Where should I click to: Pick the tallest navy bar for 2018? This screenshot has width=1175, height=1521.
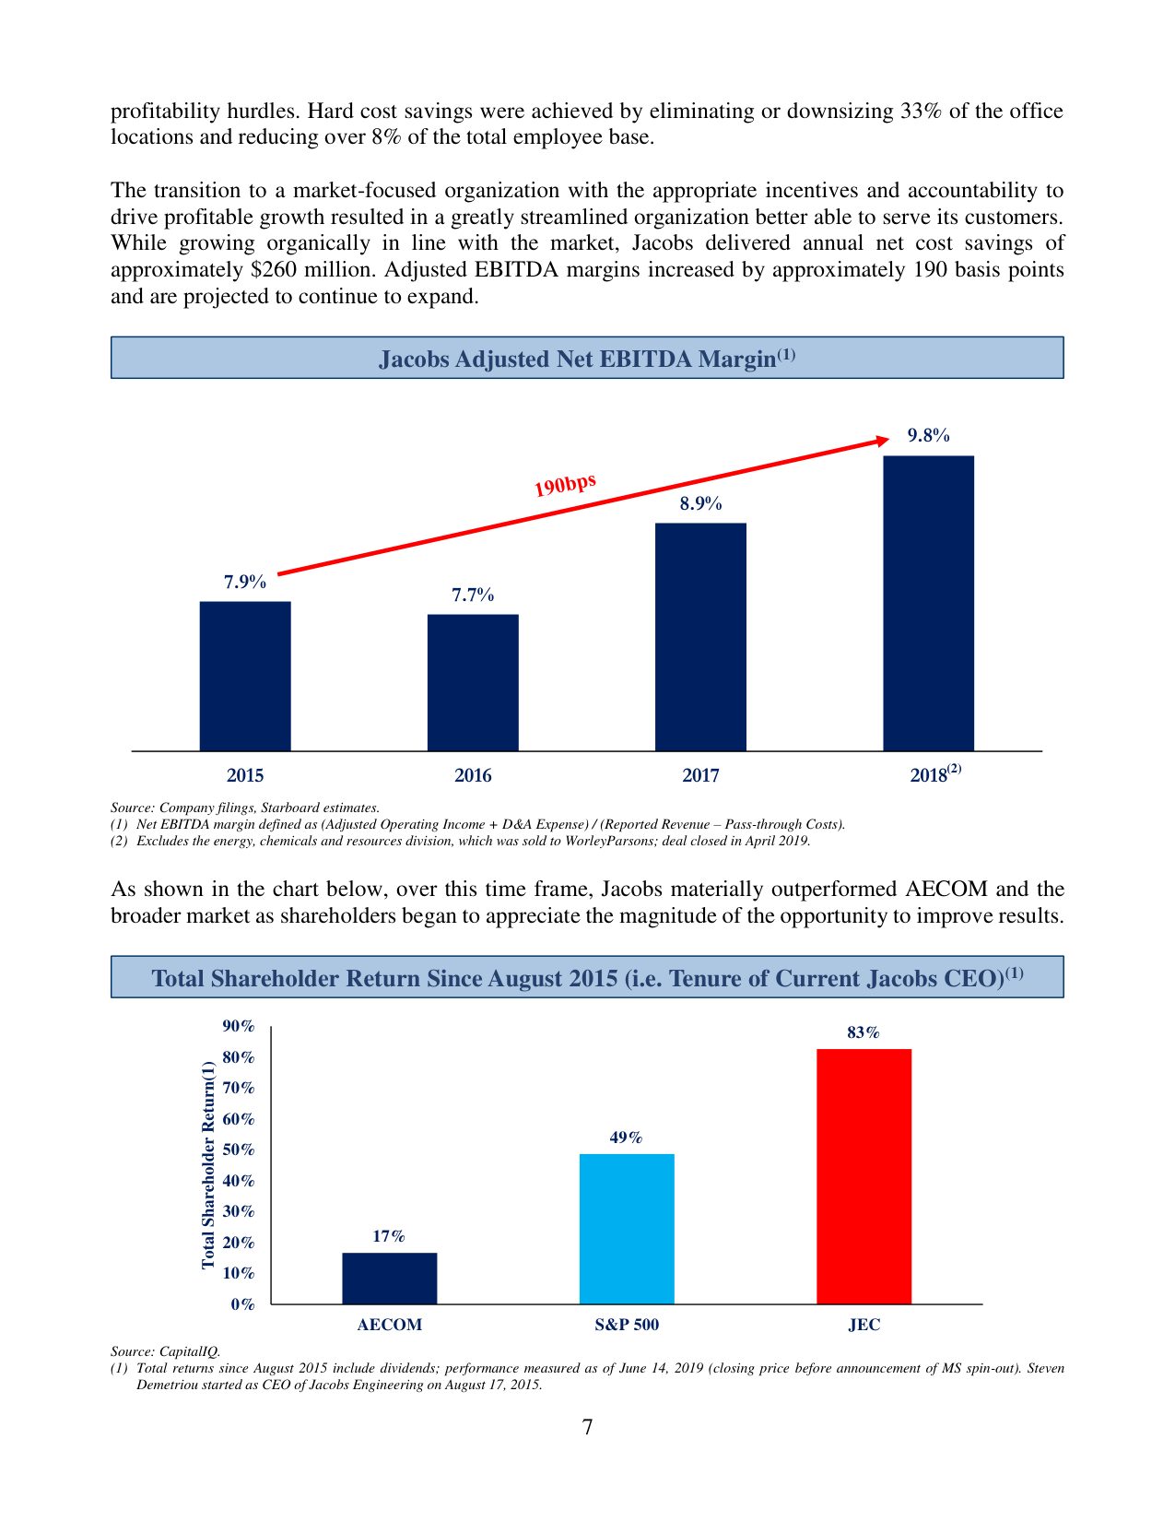[928, 603]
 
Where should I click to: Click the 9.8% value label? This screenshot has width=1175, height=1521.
[928, 436]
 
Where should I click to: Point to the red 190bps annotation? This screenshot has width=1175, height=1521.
[565, 484]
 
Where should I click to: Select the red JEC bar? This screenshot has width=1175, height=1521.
[864, 1176]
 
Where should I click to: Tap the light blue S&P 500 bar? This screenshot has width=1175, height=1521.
[627, 1229]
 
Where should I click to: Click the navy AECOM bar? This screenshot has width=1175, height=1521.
[390, 1278]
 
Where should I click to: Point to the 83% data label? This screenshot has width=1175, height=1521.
[864, 1032]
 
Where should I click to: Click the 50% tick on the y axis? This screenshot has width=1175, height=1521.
[239, 1150]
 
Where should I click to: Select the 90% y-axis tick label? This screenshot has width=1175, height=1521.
[239, 1027]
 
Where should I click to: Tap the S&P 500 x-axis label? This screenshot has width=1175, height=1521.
[627, 1325]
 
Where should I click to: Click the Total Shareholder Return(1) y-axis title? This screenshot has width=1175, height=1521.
[208, 1165]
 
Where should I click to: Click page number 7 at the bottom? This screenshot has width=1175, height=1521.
[587, 1427]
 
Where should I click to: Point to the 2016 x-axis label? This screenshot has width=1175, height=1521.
[473, 775]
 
